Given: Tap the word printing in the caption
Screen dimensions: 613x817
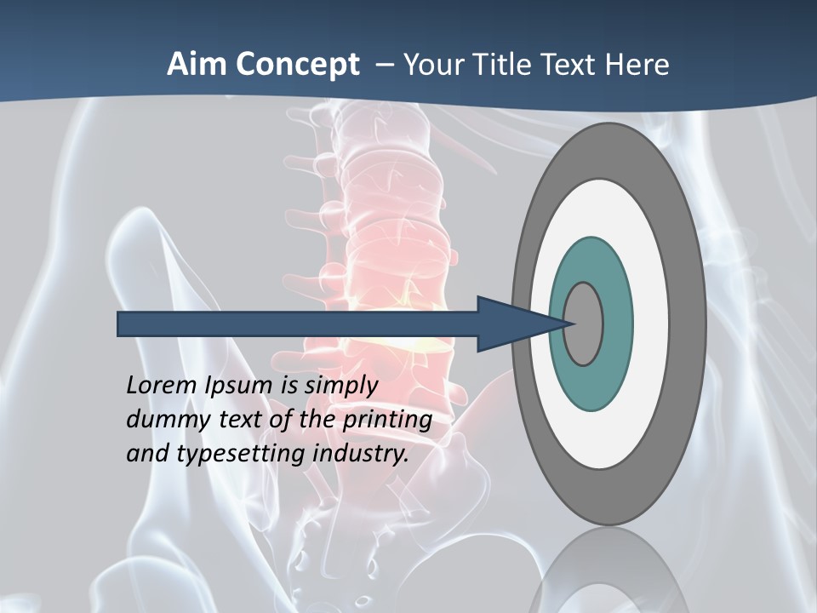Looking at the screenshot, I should pyautogui.click(x=387, y=421).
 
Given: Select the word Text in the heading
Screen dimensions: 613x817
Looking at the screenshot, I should pyautogui.click(x=574, y=65).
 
